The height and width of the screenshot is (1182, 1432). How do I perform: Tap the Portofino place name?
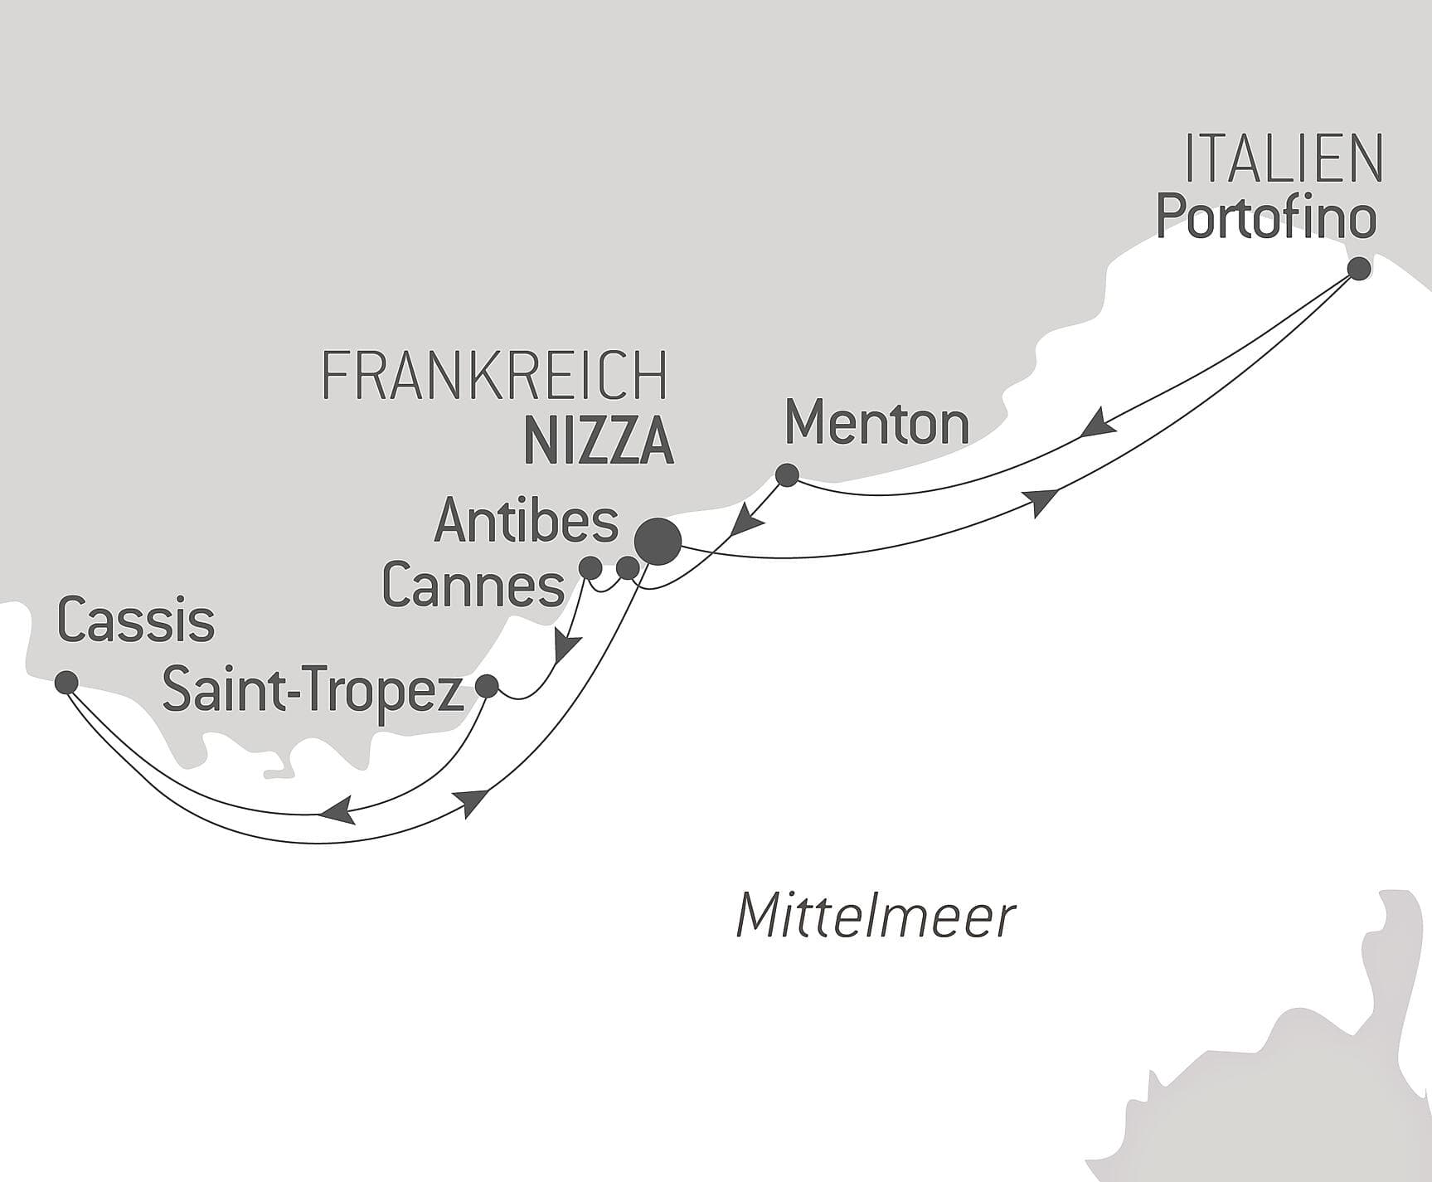(x=1266, y=217)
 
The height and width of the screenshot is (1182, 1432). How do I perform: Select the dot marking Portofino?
(x=1358, y=269)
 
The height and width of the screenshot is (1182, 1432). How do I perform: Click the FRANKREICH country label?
(x=494, y=376)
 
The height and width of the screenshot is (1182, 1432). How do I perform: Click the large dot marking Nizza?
(x=658, y=542)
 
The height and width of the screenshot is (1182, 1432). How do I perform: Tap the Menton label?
(x=876, y=423)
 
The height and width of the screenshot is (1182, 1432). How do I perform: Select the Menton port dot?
(x=786, y=475)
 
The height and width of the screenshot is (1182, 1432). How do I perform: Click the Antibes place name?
(x=527, y=521)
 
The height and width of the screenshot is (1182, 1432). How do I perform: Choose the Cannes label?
(x=473, y=586)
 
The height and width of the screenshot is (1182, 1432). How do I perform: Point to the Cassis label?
(x=136, y=620)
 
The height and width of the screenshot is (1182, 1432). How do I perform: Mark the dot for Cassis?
(x=66, y=683)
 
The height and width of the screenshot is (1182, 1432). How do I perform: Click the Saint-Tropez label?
(x=313, y=690)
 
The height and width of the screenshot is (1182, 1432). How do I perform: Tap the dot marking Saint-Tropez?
(x=487, y=686)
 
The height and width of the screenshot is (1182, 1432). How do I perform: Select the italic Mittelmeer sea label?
(x=876, y=917)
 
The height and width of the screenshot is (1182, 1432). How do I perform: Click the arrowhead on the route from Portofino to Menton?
(x=1099, y=422)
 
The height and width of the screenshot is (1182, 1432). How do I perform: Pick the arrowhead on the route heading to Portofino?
(x=1041, y=502)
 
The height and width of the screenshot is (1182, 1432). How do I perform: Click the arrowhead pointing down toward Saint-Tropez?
(x=567, y=646)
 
